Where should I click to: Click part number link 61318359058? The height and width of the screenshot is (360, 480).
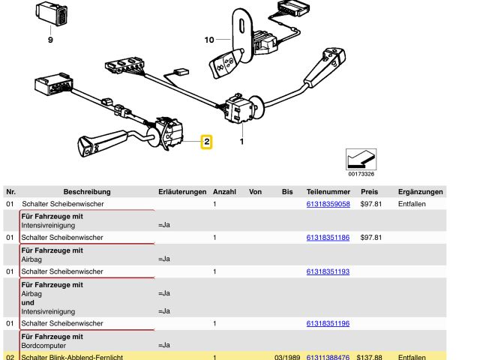[328, 204]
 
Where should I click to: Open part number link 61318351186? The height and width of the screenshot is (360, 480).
[328, 238]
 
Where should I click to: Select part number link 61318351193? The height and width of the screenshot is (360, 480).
[328, 271]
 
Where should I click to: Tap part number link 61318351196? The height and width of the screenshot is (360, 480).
[328, 323]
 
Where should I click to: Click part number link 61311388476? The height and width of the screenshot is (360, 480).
[328, 358]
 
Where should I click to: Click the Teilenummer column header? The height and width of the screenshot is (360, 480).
[328, 192]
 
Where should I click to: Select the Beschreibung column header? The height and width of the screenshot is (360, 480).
[87, 192]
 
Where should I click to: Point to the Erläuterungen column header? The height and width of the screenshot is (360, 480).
[182, 192]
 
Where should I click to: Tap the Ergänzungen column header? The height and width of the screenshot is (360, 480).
[420, 192]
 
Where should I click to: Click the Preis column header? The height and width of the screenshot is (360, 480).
[369, 192]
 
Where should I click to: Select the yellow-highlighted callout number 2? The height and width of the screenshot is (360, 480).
[205, 141]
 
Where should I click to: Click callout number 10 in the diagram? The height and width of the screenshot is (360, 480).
[208, 39]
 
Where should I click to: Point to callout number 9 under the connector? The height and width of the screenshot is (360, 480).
[51, 40]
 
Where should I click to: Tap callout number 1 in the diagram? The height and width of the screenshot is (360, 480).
[241, 140]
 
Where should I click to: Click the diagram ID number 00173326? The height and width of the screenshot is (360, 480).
[361, 174]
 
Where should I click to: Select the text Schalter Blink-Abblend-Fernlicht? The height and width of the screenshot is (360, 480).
[72, 358]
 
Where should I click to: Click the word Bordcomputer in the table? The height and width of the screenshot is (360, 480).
[42, 345]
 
